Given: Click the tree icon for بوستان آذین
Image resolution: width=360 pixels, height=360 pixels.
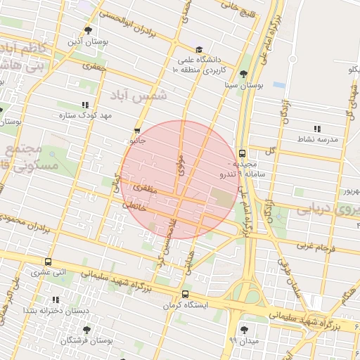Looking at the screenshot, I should (x=88, y=30).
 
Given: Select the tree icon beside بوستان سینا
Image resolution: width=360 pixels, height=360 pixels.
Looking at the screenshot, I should (x=243, y=74).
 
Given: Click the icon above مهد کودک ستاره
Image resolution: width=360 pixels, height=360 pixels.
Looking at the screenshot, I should (x=85, y=105).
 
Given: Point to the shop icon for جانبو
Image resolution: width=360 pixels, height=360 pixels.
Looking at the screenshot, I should (x=137, y=130).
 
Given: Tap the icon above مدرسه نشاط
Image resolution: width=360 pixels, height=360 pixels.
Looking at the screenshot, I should (x=317, y=129).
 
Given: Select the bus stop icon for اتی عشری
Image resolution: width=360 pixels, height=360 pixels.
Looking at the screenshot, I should (x=48, y=262).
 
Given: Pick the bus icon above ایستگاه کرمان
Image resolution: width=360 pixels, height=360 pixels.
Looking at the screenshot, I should (x=185, y=295).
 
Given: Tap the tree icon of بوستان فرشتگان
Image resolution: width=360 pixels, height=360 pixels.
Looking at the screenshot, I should (x=86, y=330).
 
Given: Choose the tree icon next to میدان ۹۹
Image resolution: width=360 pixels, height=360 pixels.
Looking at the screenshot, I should (x=244, y=330).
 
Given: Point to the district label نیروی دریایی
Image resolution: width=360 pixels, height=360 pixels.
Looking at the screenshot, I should (x=324, y=209).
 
